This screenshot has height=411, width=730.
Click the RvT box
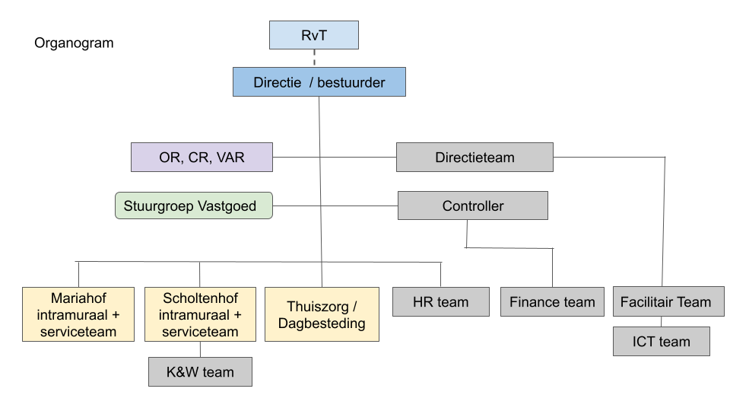(314, 35)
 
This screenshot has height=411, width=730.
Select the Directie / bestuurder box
(319, 82)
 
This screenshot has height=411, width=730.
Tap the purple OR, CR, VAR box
(202, 157)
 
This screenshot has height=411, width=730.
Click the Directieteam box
(474, 157)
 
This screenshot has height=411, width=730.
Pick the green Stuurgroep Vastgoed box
(194, 205)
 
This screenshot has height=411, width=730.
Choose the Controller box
(472, 205)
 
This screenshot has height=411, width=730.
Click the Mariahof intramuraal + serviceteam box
(78, 314)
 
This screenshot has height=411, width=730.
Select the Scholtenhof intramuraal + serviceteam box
(200, 314)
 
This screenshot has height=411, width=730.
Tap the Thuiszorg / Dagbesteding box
(322, 314)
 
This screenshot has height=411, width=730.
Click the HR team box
(441, 302)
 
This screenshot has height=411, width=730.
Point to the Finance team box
(552, 302)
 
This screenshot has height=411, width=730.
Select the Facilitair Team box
(668, 301)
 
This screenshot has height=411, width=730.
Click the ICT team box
(661, 342)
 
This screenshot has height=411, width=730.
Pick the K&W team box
(200, 372)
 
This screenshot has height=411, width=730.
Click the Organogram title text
(74, 43)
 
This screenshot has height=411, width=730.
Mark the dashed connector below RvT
(314, 59)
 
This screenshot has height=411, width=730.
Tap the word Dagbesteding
(322, 323)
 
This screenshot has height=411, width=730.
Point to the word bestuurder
(351, 82)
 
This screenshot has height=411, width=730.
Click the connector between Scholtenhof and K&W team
(200, 349)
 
